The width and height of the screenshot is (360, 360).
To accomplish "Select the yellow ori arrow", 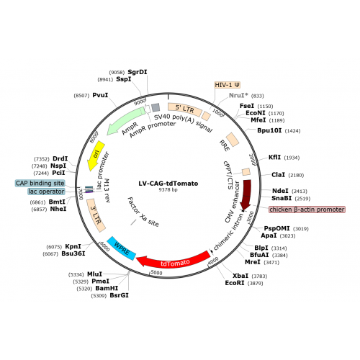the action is [x=96, y=156].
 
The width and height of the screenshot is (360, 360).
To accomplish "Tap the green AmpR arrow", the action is [x=125, y=121].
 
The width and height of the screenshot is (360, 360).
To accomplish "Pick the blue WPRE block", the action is [x=122, y=248].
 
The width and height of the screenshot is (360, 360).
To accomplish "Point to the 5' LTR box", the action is [x=184, y=109].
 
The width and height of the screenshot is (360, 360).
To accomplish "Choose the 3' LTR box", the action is [x=96, y=215].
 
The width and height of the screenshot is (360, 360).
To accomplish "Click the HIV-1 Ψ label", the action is [x=227, y=85].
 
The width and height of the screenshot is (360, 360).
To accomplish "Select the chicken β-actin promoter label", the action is [x=307, y=210].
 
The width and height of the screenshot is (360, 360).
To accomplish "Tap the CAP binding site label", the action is [x=40, y=184].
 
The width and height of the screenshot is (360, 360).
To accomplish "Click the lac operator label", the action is [x=46, y=192].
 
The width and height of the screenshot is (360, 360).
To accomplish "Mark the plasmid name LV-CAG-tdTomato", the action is [x=168, y=184].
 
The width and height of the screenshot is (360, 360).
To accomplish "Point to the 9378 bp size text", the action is [x=168, y=189].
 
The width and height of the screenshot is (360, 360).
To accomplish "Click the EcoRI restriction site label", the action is [x=235, y=283].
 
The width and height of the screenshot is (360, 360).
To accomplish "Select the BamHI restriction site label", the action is [x=107, y=288].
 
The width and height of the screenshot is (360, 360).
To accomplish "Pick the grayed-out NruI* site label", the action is [x=238, y=96].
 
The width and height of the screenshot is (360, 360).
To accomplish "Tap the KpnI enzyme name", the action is [x=73, y=246].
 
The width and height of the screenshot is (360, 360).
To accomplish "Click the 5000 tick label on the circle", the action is [x=156, y=273].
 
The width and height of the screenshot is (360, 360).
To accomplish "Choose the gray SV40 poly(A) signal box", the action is [x=156, y=107].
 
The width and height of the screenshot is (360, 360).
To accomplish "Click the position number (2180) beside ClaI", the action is [x=296, y=175].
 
